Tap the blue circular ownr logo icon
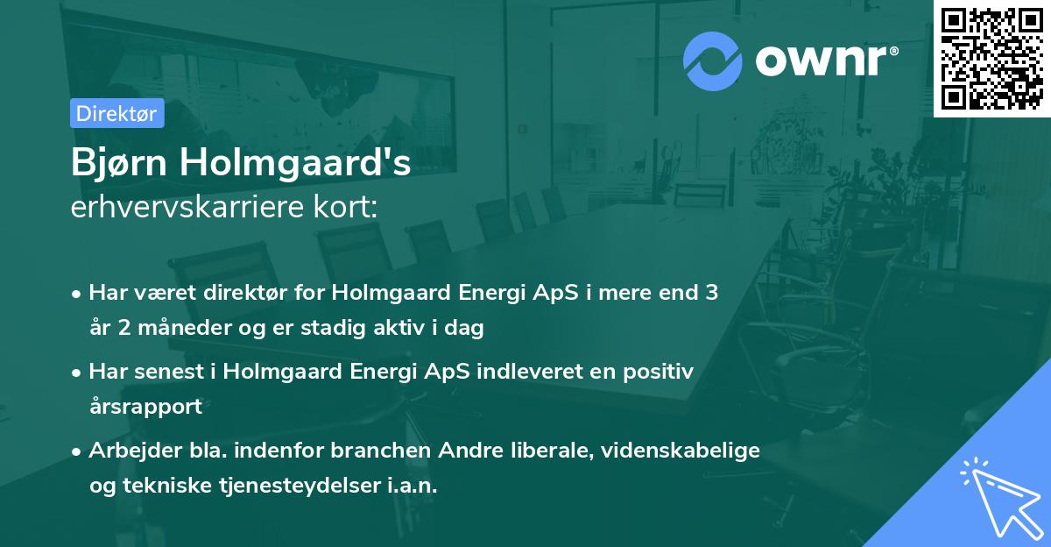pos(712,60)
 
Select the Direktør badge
pos(116,113)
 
